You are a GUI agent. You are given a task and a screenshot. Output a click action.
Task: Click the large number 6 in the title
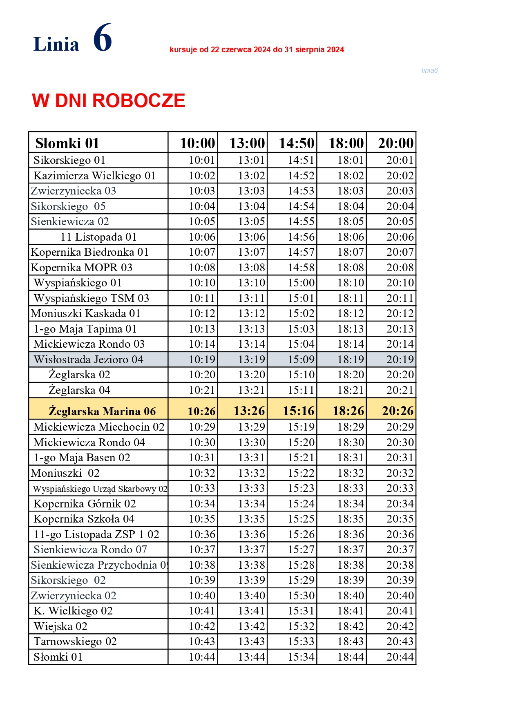(103, 38)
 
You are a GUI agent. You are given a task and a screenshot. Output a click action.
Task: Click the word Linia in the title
(56, 44)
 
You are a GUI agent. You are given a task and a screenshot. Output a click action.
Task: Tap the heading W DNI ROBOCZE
(109, 101)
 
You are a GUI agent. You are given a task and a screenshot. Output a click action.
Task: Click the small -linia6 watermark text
(429, 70)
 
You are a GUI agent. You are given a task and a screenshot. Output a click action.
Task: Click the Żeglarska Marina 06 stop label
(102, 411)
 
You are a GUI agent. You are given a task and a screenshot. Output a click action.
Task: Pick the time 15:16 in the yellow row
(299, 411)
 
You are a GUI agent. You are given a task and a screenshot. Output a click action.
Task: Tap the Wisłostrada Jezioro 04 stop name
(88, 360)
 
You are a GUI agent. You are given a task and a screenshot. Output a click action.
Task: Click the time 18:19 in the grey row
(350, 360)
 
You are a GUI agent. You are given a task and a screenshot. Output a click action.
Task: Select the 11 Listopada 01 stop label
(98, 237)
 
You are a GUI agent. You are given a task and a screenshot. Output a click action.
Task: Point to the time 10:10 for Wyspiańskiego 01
(202, 283)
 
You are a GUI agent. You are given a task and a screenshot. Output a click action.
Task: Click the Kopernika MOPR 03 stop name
(82, 268)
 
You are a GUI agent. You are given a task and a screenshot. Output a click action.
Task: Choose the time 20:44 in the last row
(400, 657)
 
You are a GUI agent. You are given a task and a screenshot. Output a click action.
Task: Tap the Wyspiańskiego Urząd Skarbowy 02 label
(100, 489)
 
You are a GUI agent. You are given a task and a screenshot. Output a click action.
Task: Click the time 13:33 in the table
(251, 488)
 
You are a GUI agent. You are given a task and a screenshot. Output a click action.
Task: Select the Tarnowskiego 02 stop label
(75, 641)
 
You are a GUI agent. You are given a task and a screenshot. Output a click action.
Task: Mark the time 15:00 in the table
(301, 283)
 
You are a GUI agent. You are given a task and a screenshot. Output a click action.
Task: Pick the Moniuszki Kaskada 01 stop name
(86, 313)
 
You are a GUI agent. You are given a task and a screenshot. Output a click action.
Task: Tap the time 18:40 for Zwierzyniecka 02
(350, 596)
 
